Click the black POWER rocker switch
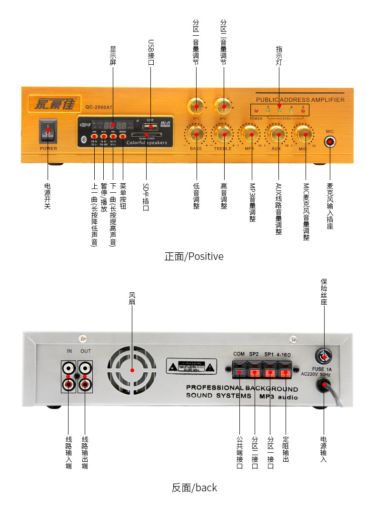[48, 130]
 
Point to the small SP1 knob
[196, 105]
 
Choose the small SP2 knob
[223, 105]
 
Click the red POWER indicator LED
[256, 111]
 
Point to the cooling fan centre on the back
[132, 370]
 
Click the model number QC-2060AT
[99, 107]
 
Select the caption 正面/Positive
[194, 257]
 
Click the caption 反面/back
[194, 487]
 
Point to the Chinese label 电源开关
[48, 196]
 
